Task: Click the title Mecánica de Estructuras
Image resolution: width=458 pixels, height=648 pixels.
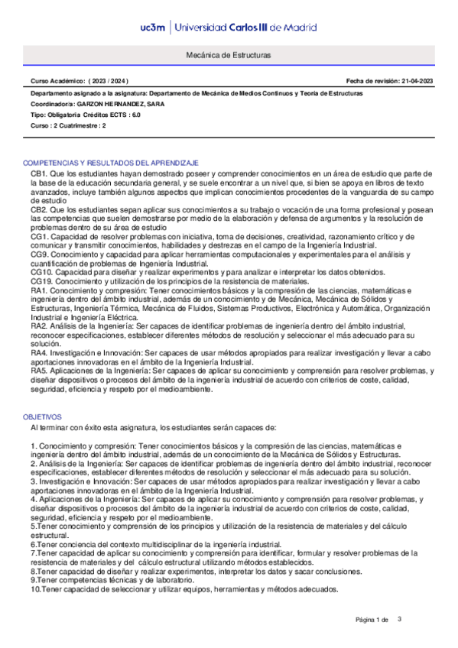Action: tap(228, 56)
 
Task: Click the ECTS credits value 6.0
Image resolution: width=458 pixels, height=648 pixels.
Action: tap(135, 114)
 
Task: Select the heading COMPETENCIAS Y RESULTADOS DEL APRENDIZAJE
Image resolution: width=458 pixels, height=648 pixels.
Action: tap(112, 164)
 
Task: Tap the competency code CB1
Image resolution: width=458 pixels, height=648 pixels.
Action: tap(39, 174)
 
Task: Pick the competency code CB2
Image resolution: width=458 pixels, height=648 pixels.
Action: tap(39, 209)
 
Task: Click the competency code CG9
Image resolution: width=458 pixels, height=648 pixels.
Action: tap(39, 254)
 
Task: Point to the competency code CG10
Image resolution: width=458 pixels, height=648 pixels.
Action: tap(41, 272)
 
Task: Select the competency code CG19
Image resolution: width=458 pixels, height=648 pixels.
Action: tap(41, 281)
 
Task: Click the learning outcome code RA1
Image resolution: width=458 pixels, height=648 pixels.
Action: tap(39, 290)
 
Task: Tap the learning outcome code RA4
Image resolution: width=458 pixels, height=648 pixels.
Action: tap(39, 353)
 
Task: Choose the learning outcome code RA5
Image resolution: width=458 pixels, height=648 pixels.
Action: tap(39, 371)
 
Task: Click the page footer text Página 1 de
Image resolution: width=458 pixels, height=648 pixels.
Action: tap(372, 619)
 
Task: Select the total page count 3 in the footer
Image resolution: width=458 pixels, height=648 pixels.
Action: tap(399, 618)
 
